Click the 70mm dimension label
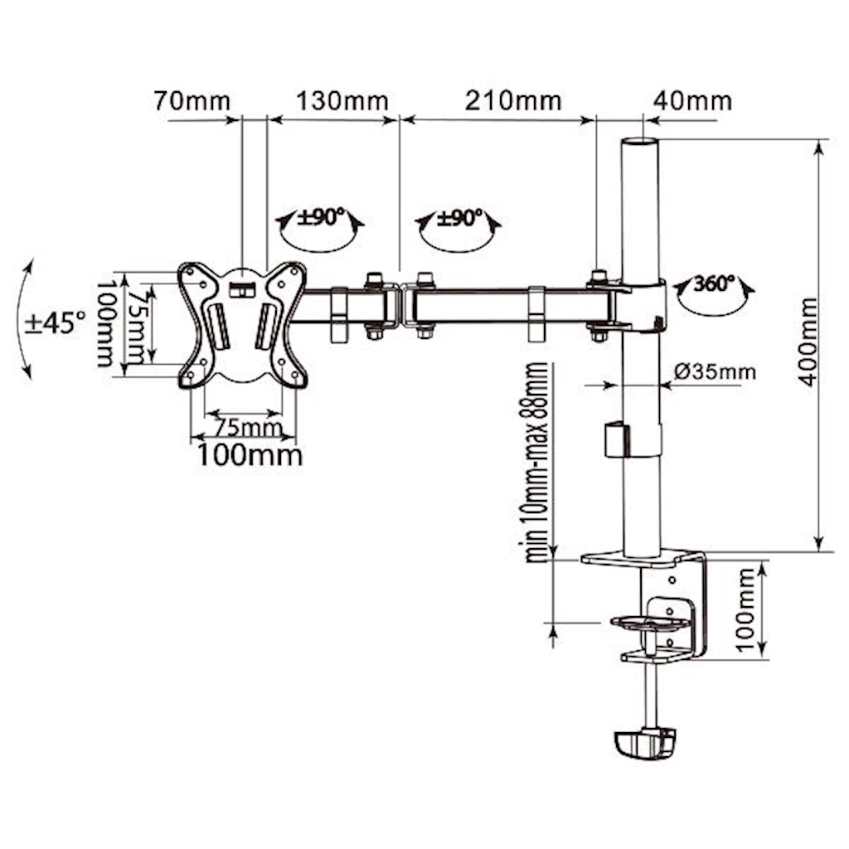click(x=192, y=101)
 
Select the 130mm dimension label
click(x=342, y=101)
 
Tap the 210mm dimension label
click(x=513, y=101)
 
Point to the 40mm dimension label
click(x=692, y=101)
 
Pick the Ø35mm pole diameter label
click(x=715, y=372)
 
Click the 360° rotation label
click(x=714, y=284)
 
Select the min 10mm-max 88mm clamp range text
click(x=536, y=463)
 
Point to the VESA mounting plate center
click(x=243, y=325)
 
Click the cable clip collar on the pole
click(x=633, y=439)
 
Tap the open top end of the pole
click(x=639, y=142)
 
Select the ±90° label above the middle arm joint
click(x=459, y=218)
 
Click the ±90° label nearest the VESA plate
click(x=321, y=218)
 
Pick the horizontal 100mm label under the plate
click(x=250, y=455)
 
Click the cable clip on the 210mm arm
click(x=536, y=314)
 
